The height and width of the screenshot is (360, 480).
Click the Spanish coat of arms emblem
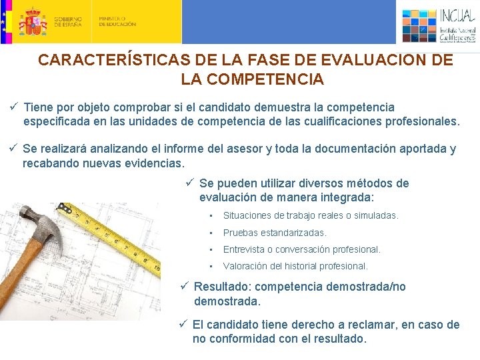coord(32,21)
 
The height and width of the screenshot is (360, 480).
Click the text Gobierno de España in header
coord(68,21)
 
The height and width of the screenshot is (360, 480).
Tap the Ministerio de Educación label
coord(117,21)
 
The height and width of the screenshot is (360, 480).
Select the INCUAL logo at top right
coord(439,25)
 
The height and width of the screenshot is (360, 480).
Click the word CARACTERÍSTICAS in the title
coord(111,60)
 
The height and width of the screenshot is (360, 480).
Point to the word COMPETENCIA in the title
coord(252,79)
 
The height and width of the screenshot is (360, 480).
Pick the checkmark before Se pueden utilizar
coord(189,183)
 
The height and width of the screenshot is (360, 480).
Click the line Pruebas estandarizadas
coord(275,233)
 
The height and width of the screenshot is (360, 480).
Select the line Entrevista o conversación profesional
coord(301,249)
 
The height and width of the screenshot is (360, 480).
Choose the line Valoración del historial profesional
coord(295,266)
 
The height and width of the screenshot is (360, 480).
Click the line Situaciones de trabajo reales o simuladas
coord(310,215)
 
